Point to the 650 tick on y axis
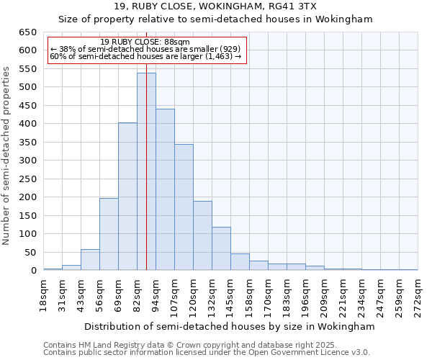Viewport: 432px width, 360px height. pos(27,32)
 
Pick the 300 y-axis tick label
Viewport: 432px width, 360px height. pos(27,161)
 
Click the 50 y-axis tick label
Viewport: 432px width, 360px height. pos(30,253)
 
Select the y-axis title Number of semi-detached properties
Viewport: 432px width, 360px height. pos(7,155)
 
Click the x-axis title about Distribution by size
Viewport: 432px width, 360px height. pos(230,326)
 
